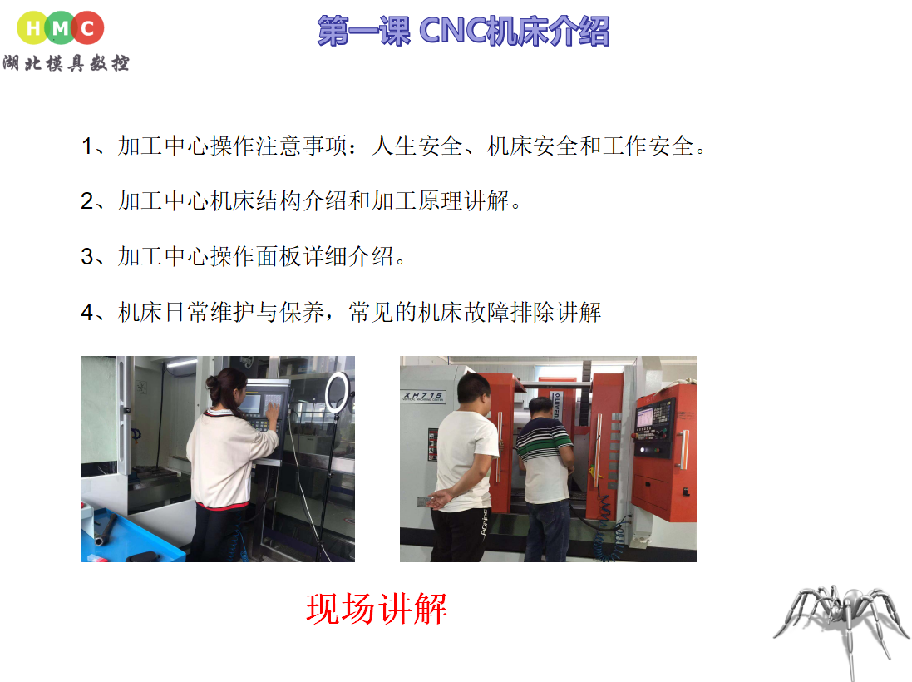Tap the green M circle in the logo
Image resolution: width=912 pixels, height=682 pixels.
61,28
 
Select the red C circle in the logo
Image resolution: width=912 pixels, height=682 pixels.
88,28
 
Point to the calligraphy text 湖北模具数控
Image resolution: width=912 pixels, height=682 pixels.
66,63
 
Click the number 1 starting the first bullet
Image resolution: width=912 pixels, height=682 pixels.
86,146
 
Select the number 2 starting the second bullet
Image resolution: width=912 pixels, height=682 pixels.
86,200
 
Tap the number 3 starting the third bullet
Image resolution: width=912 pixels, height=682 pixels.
86,257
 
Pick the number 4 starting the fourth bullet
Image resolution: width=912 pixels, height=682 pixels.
86,313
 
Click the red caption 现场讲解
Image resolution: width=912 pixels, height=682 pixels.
377,609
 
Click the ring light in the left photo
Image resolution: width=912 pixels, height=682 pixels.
338,393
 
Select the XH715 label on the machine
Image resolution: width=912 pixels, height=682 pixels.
423,395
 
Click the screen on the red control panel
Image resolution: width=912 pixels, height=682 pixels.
645,418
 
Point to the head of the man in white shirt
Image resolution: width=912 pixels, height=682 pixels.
474,391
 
